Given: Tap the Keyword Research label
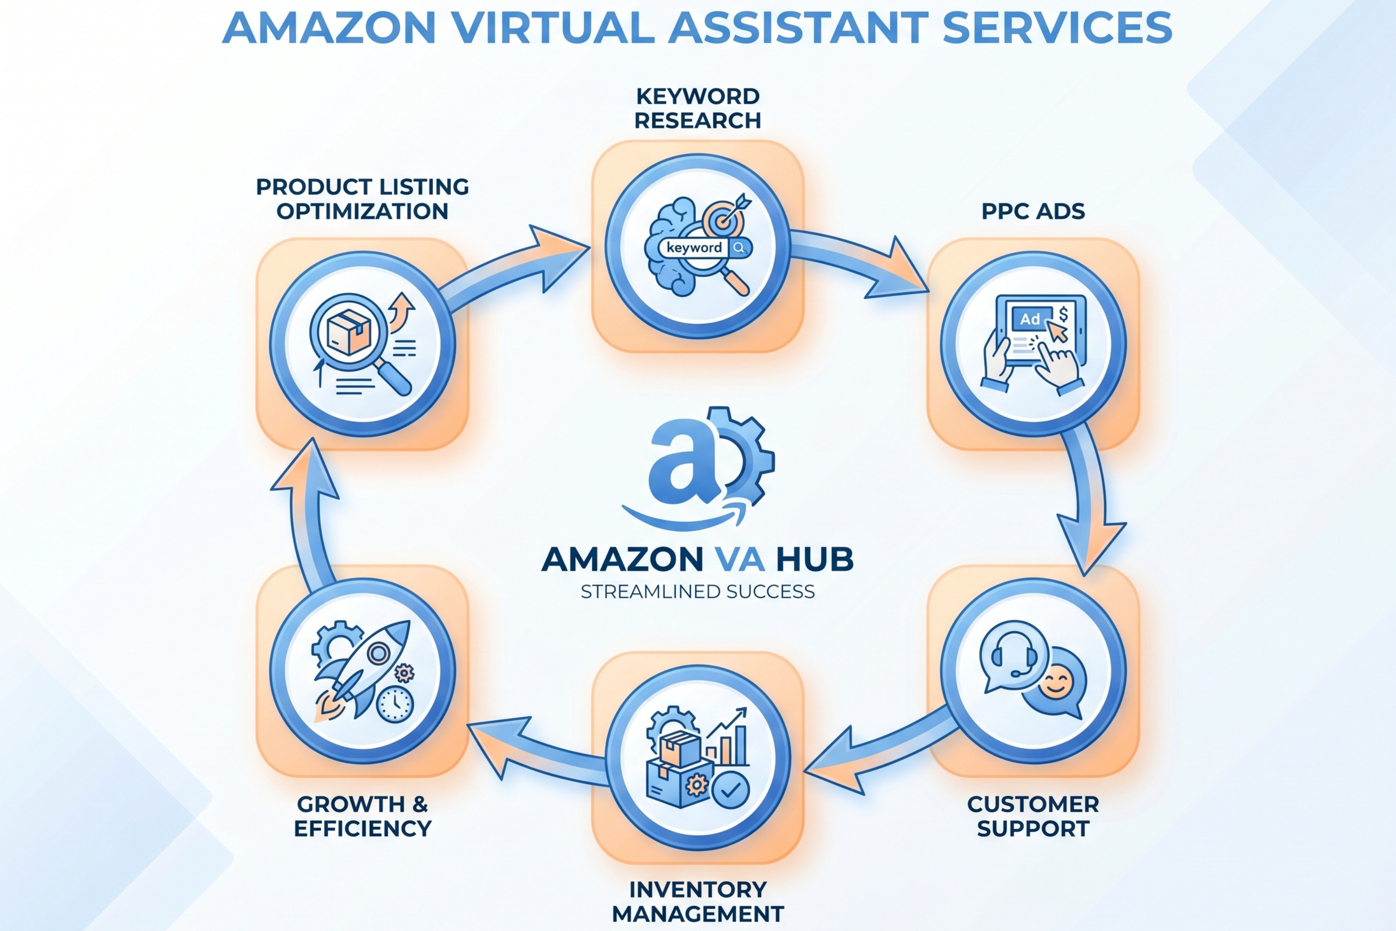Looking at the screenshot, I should [x=698, y=108].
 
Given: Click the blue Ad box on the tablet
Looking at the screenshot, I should [x=1030, y=319].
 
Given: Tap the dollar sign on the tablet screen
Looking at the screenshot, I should [x=1062, y=314].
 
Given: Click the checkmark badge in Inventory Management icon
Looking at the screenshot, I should [x=731, y=789].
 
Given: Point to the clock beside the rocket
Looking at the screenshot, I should [x=394, y=704].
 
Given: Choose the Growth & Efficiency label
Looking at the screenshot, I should [x=362, y=816].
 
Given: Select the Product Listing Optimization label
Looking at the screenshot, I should [x=362, y=199].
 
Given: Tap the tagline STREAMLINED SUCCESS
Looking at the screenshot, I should [x=698, y=592].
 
